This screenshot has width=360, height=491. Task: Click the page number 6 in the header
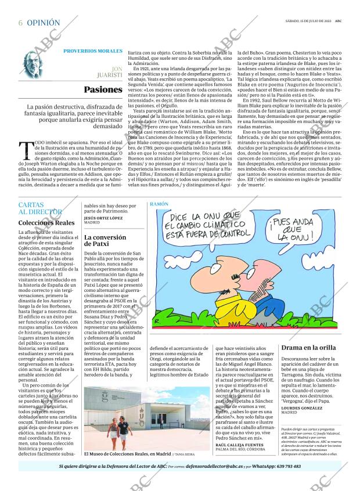(x=20, y=23)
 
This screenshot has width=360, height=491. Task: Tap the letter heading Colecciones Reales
(x=46, y=223)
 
